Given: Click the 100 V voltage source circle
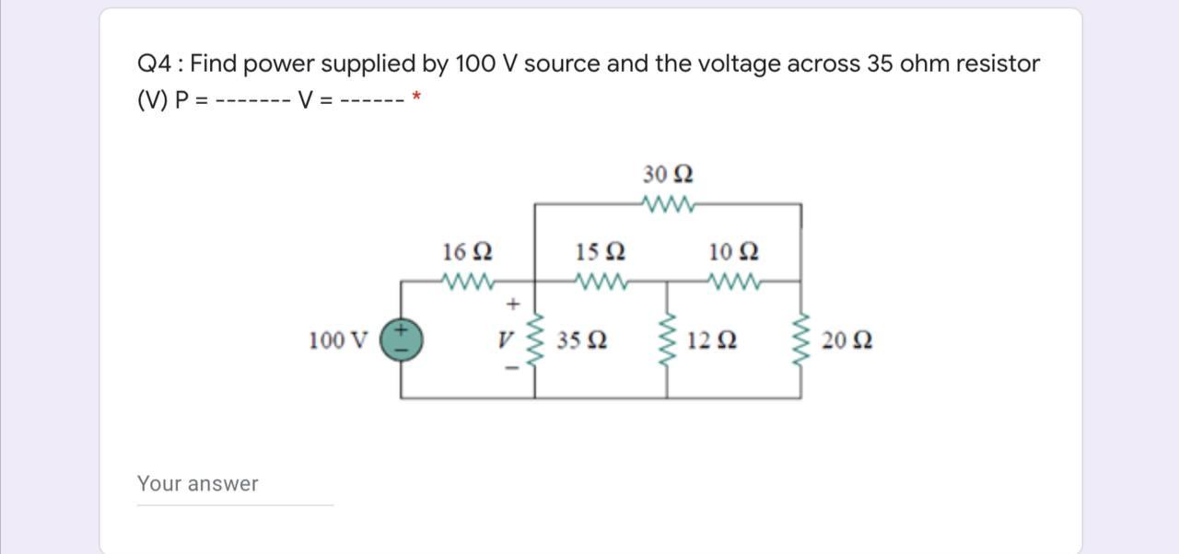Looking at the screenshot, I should (402, 340).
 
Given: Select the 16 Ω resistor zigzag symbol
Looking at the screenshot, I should (468, 281).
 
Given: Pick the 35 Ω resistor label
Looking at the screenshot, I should (581, 341).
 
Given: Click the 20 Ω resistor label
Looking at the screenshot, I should (847, 341).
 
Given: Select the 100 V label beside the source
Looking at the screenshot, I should (337, 341).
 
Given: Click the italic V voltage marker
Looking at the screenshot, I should (504, 340).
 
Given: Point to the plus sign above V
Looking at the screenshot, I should (513, 303).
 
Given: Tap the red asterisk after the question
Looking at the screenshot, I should (417, 97).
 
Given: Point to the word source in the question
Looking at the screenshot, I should (562, 64).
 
